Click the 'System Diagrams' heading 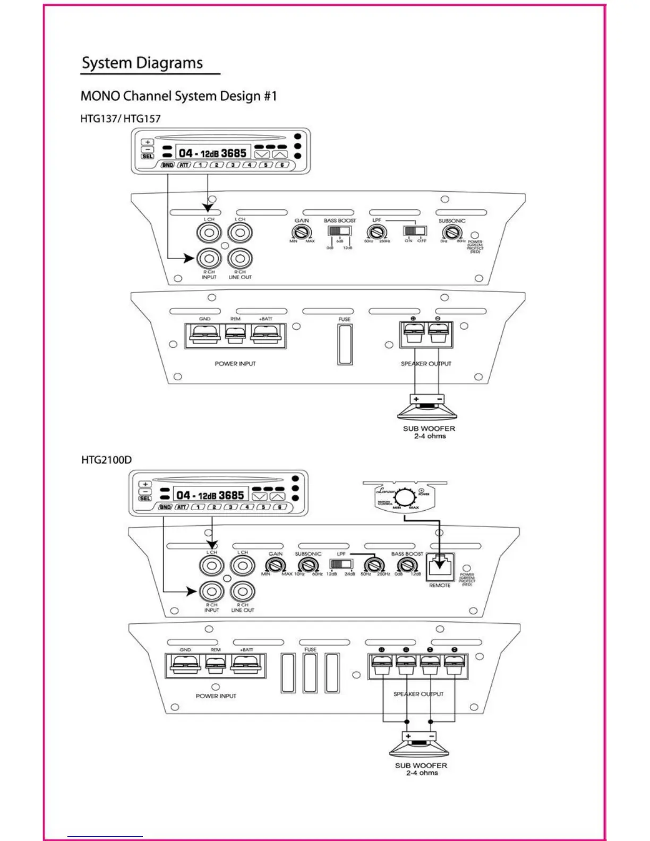click(142, 63)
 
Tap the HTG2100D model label click(106, 459)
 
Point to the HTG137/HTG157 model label click(120, 118)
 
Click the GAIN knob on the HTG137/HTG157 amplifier click(302, 232)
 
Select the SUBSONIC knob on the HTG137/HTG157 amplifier click(451, 232)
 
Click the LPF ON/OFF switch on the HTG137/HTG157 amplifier click(415, 231)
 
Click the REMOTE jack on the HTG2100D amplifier click(440, 567)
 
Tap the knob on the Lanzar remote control click(406, 497)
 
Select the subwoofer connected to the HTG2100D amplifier click(420, 746)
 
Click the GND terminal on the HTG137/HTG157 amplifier click(205, 336)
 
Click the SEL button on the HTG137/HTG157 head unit click(148, 156)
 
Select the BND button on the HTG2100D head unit click(166, 507)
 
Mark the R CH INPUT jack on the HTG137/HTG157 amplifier click(209, 259)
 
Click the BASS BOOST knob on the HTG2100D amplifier click(407, 565)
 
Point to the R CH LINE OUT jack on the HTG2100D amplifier click(242, 591)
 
